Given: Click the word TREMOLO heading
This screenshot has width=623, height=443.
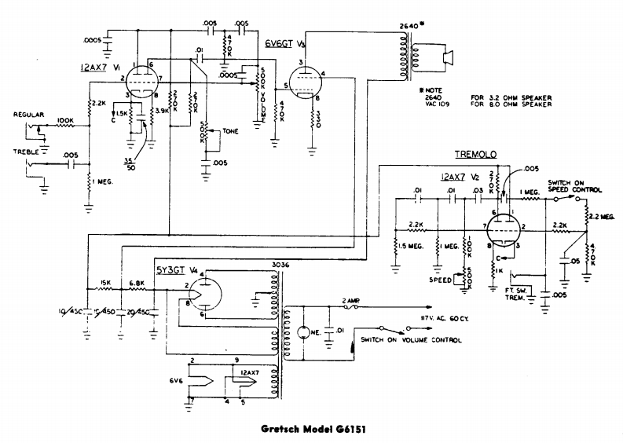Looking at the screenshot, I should point(475,156).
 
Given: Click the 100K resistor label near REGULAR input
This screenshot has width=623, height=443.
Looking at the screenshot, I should point(64,121).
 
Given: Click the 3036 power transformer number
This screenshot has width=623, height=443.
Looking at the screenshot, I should point(280,265).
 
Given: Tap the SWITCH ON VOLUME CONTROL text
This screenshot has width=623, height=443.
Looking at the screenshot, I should point(411,340).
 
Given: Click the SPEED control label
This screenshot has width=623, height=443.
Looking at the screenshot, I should point(438,279).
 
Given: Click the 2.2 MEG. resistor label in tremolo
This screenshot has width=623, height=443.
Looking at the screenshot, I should point(605,214).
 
